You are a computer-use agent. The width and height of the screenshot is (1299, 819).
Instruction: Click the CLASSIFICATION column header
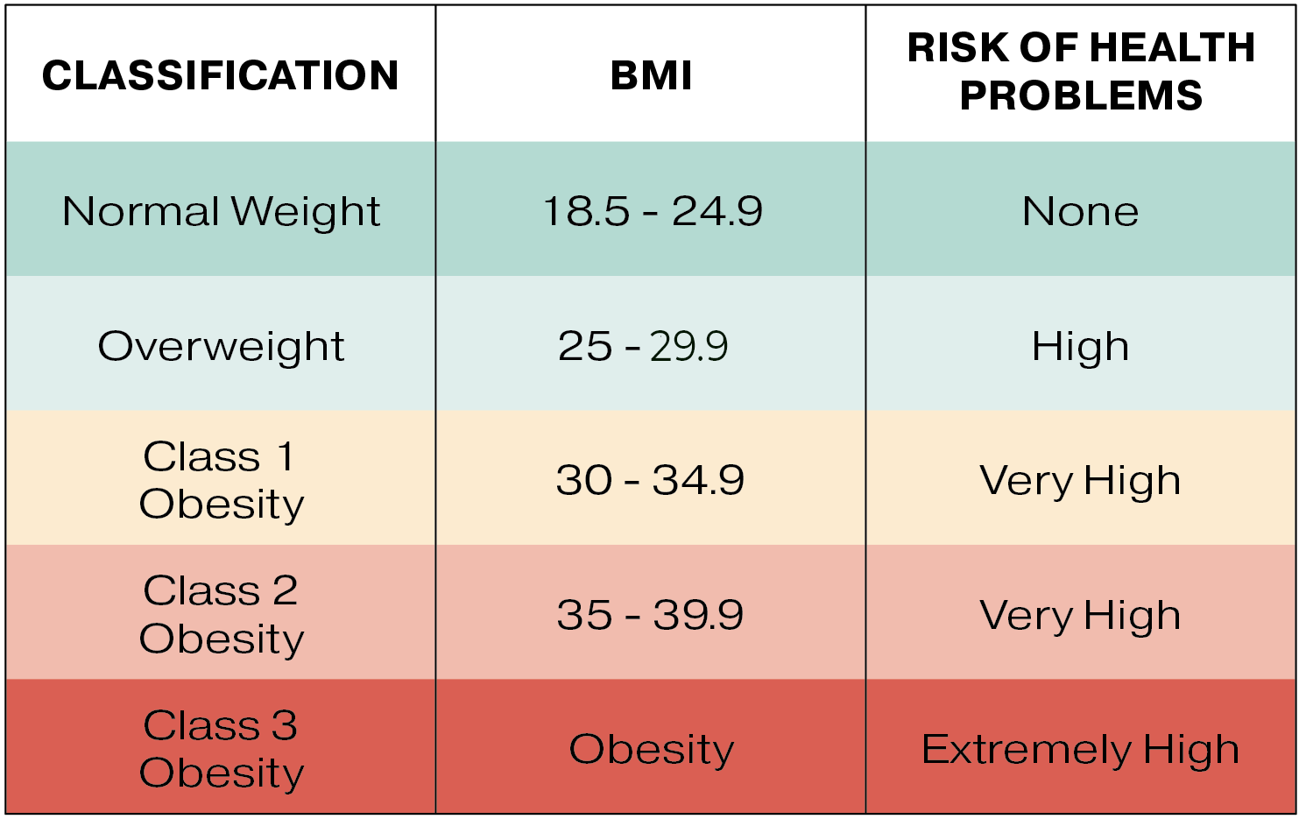pos(220,75)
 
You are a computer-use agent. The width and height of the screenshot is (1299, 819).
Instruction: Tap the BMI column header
pos(651,75)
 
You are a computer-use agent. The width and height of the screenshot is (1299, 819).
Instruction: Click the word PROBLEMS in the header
pos(1081,95)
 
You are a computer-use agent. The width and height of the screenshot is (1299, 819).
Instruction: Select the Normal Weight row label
pos(221,212)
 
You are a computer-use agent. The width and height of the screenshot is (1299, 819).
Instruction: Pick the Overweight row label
pos(221,347)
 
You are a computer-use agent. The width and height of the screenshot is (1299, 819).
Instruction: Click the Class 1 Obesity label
pos(221,480)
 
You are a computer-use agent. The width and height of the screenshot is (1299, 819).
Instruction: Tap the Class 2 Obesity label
pos(221,614)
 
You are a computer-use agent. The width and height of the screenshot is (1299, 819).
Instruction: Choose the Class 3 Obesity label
pos(221,749)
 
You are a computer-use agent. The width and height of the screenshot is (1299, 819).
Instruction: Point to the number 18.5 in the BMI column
pos(585,212)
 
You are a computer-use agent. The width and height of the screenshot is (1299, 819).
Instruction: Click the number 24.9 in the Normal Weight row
pos(717,212)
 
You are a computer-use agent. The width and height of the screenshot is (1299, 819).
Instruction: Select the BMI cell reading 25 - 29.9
pos(643,347)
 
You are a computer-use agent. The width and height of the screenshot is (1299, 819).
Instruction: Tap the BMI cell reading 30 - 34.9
pos(650,481)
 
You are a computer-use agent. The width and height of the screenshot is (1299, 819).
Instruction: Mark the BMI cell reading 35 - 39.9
pos(650,615)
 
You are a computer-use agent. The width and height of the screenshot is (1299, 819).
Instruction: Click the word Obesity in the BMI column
pos(651,750)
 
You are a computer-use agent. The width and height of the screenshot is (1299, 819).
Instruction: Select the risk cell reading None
pos(1080,212)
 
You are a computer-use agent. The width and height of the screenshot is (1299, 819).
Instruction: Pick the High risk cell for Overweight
pos(1080,347)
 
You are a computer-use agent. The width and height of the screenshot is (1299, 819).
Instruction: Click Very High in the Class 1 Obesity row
pos(1080,481)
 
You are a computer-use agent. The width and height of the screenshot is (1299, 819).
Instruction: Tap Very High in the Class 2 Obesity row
pos(1080,615)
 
